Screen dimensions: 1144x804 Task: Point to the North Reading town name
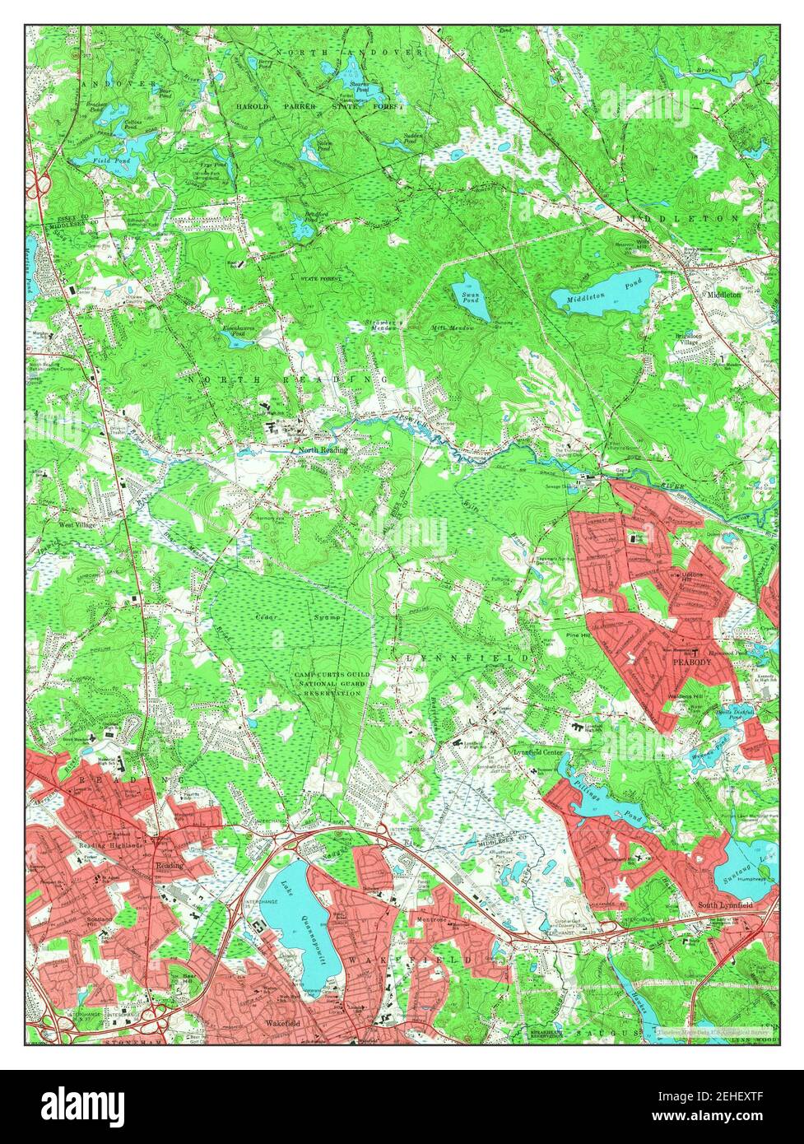(323, 450)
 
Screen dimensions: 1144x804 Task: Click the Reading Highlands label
(111, 845)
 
